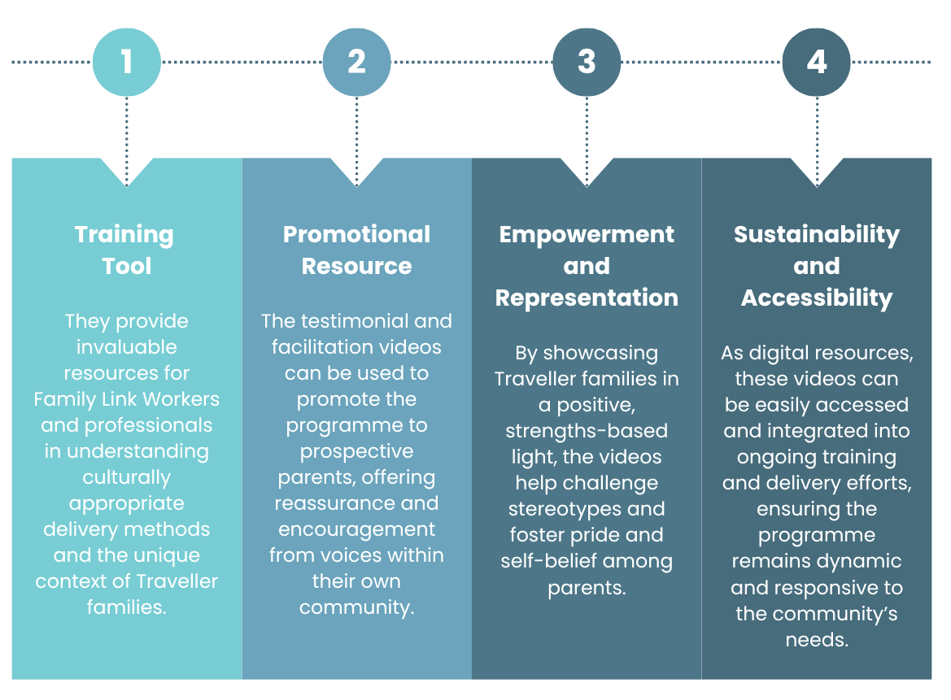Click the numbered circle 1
127,62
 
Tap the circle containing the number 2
356,62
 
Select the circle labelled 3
587,62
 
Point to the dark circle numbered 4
816,62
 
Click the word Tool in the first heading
127,266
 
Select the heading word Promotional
356,234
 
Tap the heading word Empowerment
587,235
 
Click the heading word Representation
587,298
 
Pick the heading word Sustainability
816,235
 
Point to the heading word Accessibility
816,298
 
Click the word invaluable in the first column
127,346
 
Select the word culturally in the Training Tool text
127,477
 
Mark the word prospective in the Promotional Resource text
356,452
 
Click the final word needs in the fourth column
816,640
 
